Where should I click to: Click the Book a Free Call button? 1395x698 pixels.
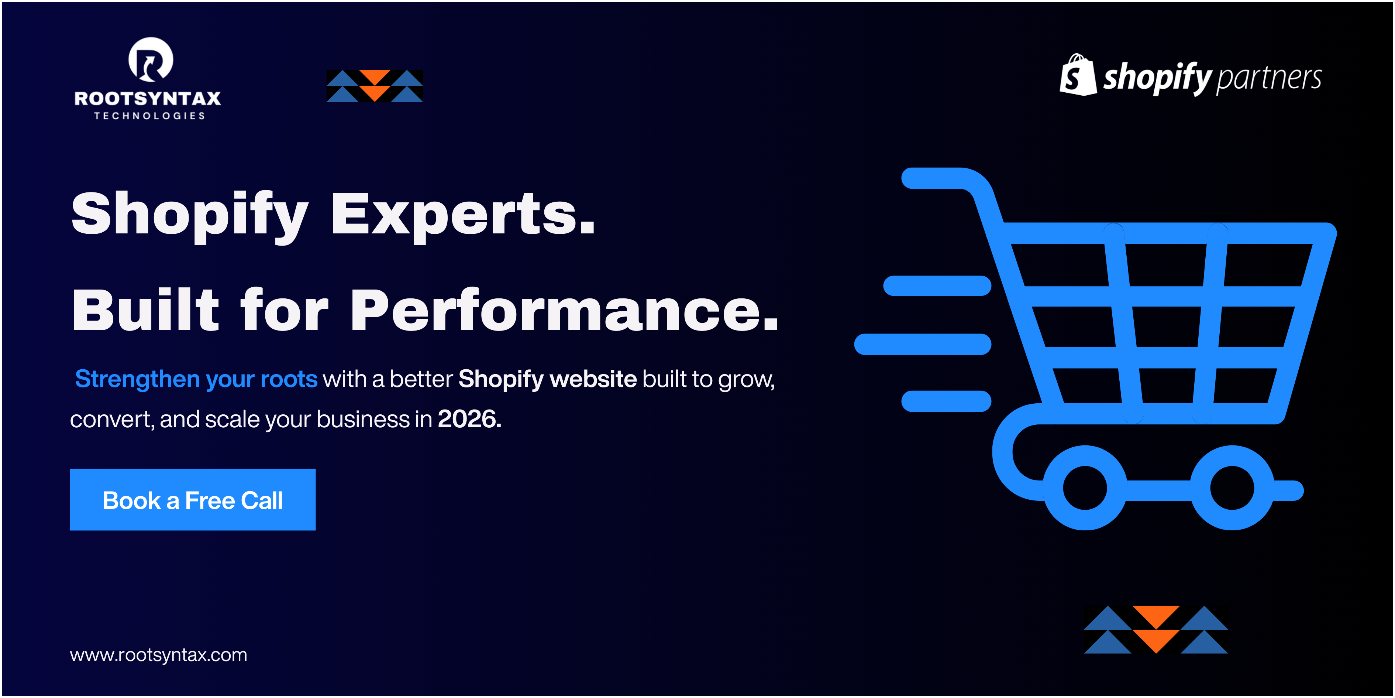192,500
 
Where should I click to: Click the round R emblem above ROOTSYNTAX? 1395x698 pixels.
151,59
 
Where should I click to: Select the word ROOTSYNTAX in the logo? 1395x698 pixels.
148,98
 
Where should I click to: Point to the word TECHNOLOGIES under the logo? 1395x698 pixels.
149,116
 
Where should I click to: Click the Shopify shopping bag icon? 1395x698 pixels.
1078,75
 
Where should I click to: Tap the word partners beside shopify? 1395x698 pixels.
1269,79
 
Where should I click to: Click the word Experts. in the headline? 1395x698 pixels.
464,215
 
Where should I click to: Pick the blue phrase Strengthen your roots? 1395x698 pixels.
196,379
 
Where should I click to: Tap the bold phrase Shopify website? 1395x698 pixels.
548,379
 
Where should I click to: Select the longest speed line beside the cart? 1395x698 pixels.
923,344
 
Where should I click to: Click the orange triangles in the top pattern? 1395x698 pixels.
375,86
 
